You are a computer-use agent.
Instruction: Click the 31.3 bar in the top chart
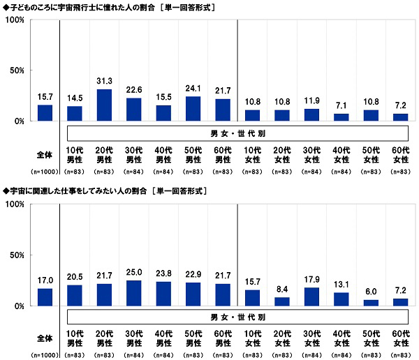(x=104, y=105)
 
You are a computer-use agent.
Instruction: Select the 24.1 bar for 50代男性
(x=193, y=109)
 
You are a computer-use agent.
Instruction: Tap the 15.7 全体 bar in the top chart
(x=45, y=113)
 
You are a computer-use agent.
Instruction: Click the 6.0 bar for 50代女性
(x=372, y=303)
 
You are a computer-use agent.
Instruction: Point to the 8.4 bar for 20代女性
(x=282, y=301)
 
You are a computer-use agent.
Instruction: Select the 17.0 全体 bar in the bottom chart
(x=45, y=297)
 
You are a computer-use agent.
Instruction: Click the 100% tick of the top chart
(x=15, y=20)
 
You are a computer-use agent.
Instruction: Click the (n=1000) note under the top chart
(x=45, y=171)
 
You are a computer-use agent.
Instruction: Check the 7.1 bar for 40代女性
(x=341, y=117)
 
